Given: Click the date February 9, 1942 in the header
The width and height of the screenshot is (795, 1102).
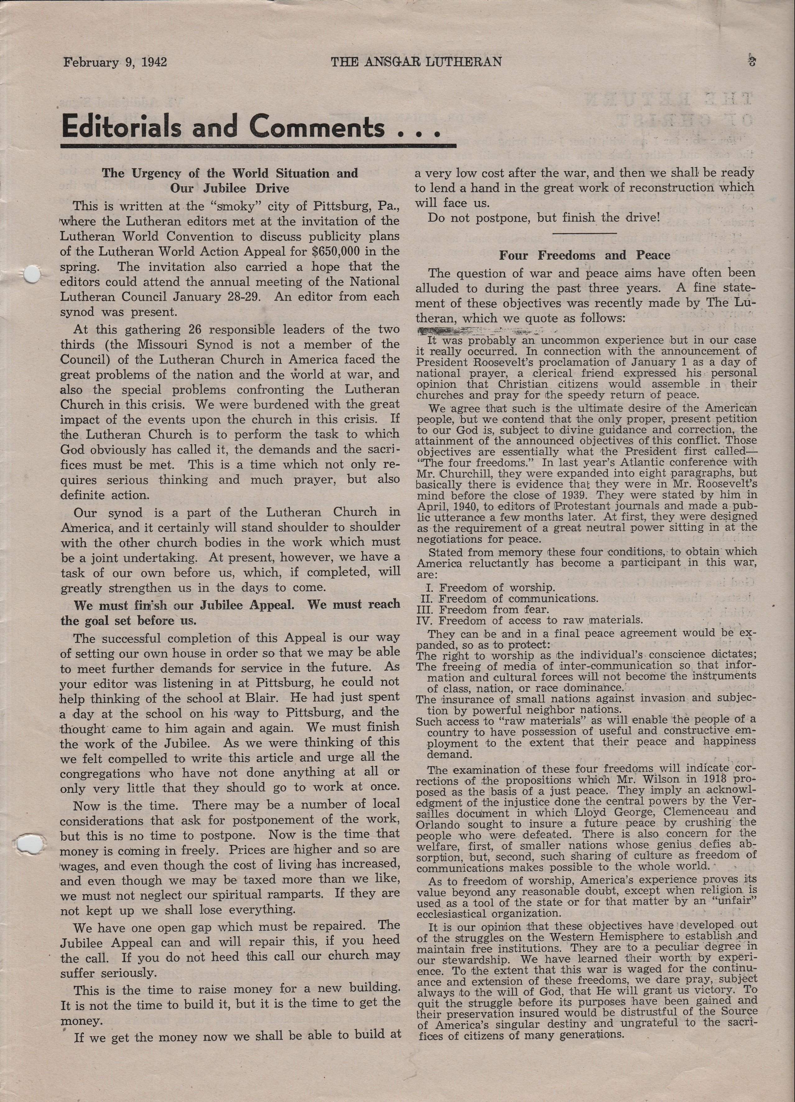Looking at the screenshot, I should click(115, 62).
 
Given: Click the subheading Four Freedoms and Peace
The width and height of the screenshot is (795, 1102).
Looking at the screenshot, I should click(585, 255).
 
